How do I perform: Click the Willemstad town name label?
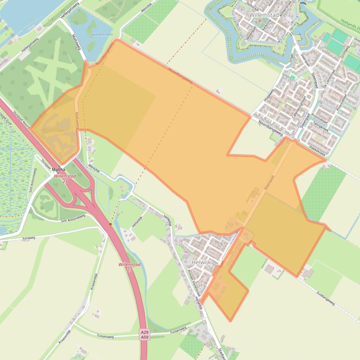[264, 15]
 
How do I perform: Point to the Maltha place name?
[59, 169]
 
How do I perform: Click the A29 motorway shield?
[144, 332]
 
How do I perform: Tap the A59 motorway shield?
[144, 337]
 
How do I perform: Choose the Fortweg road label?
[29, 238]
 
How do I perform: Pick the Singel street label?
[291, 58]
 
